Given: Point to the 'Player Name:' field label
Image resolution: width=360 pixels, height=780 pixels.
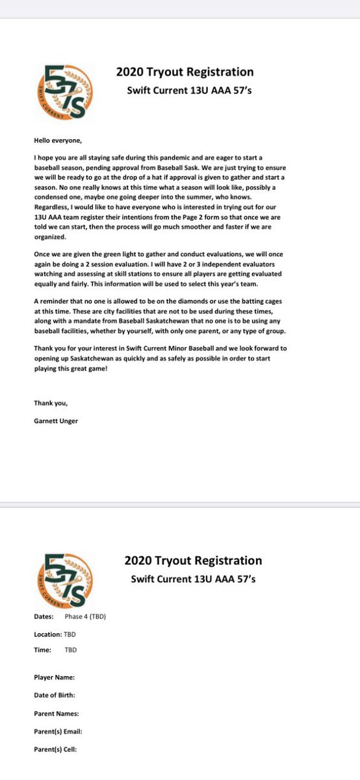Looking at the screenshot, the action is pyautogui.click(x=54, y=677).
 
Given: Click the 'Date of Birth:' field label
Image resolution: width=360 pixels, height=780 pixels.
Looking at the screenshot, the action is pyautogui.click(x=55, y=695).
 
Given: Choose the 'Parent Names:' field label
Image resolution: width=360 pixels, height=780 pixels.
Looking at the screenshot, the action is pyautogui.click(x=56, y=713).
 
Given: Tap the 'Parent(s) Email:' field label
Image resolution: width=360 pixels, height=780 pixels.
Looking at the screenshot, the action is pyautogui.click(x=58, y=731).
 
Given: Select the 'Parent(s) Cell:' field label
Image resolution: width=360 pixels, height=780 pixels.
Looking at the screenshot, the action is pyautogui.click(x=55, y=749).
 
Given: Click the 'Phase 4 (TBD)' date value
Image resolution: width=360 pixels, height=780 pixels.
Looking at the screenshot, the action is pyautogui.click(x=85, y=616).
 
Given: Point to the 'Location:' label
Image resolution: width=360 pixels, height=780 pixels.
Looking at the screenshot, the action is pyautogui.click(x=47, y=634).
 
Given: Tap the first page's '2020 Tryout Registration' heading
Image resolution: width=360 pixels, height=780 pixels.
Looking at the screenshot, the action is pyautogui.click(x=185, y=72).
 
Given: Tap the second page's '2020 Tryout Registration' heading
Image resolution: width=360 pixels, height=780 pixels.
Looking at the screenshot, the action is pyautogui.click(x=193, y=560).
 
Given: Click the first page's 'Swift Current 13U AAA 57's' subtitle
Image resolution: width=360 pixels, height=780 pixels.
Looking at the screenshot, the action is pyautogui.click(x=188, y=90).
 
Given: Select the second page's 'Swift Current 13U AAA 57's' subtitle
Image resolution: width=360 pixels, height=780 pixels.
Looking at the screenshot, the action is pyautogui.click(x=193, y=578).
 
